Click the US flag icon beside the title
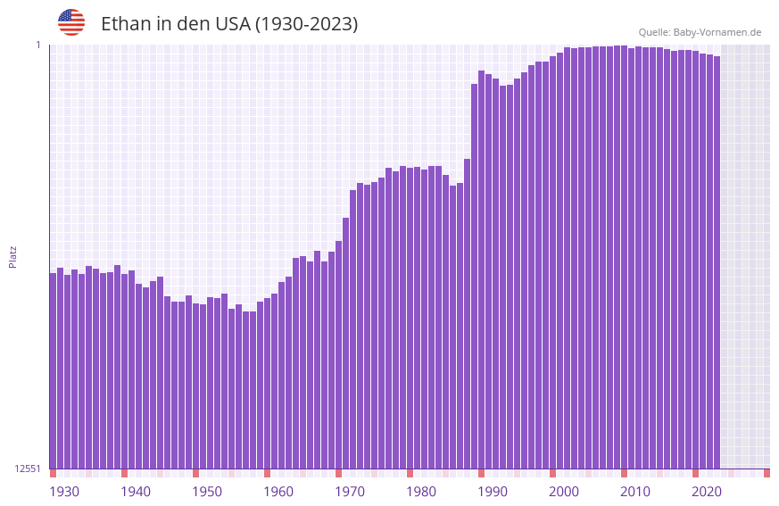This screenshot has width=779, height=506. pos(71,22)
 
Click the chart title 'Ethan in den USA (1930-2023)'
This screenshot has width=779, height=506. pos(229,24)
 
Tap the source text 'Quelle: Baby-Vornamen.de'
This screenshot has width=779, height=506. pos(700,32)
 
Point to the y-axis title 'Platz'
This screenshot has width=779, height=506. pos(12,256)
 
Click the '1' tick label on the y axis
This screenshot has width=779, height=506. pos(38,45)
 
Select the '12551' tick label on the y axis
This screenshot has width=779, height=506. pos(28,469)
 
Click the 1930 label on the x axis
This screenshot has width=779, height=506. pos(64,492)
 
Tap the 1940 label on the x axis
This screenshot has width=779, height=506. pos(136,492)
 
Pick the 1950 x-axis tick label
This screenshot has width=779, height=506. pos(207,492)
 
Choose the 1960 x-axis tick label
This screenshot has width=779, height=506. pos(278,492)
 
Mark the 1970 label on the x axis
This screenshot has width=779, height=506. pos(350,492)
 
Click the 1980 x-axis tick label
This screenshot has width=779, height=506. pos(421,492)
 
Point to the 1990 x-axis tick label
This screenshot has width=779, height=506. pos(493,492)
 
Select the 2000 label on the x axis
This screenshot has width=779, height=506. pos(564,492)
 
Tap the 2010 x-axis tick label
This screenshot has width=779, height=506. pos(635,492)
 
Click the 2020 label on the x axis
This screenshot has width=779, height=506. pos(707,492)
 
